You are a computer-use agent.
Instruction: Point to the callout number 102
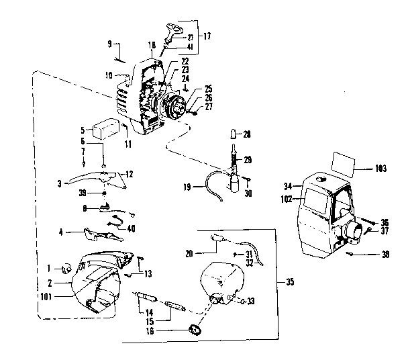(x=287, y=198)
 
